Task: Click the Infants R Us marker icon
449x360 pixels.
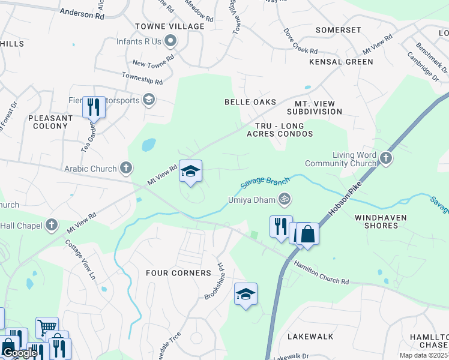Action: point(170,41)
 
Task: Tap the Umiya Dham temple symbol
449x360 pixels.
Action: point(285,199)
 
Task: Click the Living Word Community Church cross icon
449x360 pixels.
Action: point(385,158)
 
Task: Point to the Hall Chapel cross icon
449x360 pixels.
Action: point(52,225)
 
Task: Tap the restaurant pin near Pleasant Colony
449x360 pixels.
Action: point(93,107)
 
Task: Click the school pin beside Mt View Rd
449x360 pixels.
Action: point(190,172)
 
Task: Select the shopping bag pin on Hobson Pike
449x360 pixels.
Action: point(307,233)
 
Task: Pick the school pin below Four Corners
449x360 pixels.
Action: point(245,294)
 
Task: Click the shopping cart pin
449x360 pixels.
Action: point(46,327)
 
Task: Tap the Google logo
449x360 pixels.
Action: point(20,353)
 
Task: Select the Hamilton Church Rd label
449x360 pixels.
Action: point(321,272)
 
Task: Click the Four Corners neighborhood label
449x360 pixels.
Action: point(179,273)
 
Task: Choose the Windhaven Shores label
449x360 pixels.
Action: point(384,221)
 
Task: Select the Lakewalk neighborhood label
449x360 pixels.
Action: point(310,337)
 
